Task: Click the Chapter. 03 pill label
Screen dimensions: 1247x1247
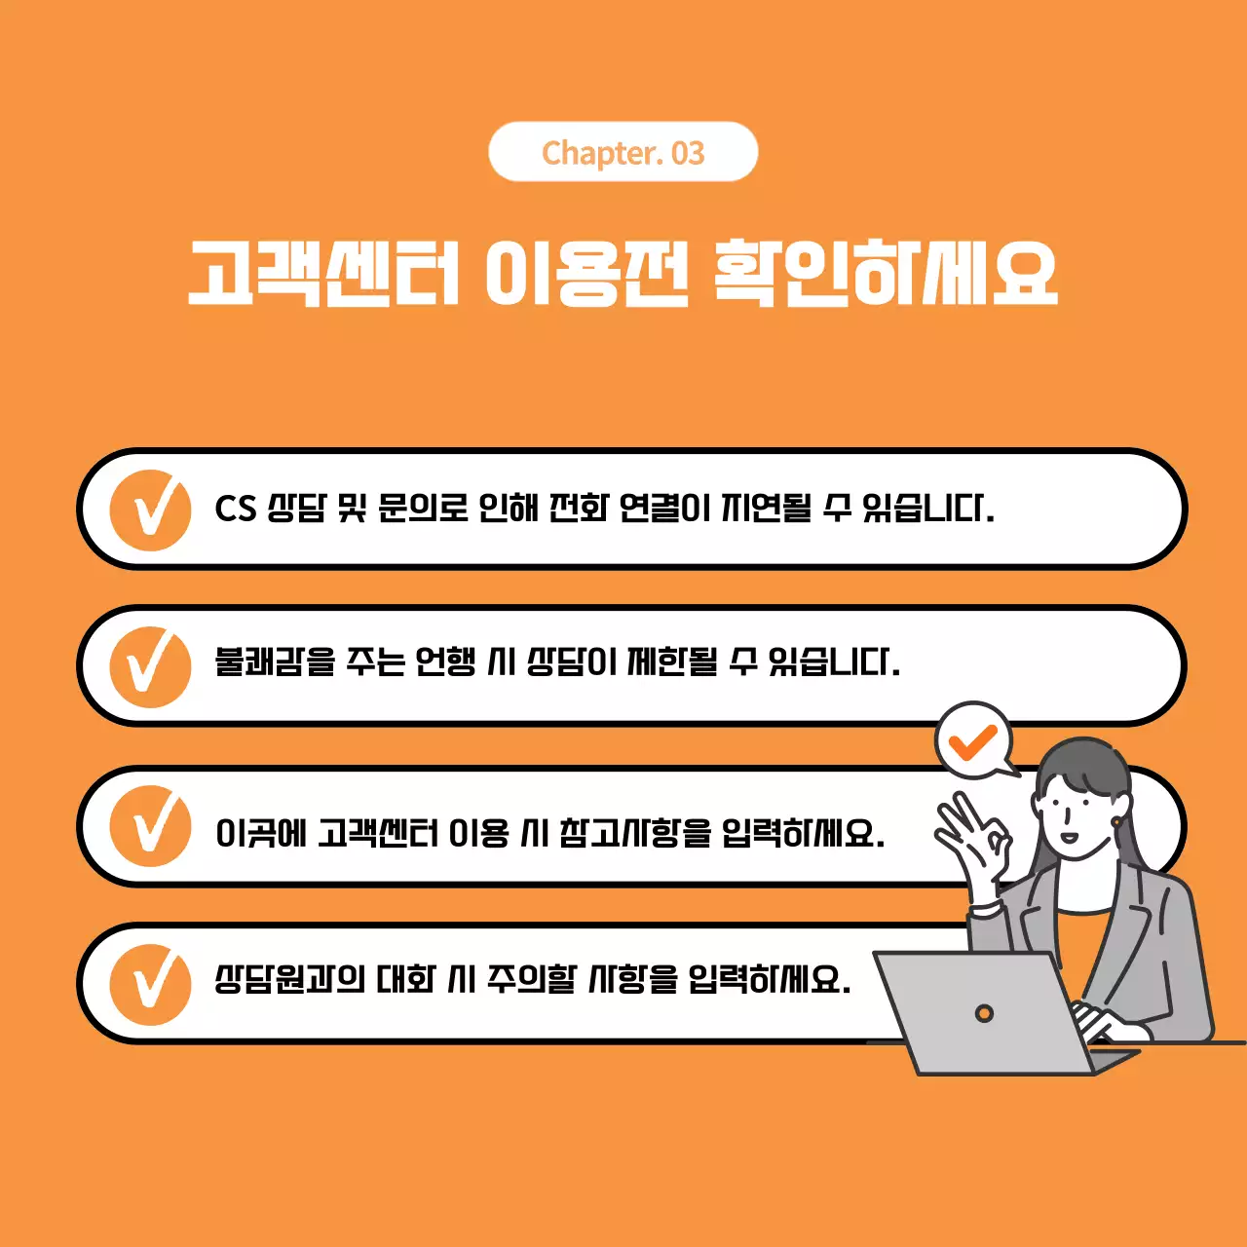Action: pyautogui.click(x=623, y=152)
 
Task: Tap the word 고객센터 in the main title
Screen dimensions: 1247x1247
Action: pyautogui.click(x=322, y=272)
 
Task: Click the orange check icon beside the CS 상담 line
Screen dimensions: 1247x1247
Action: pyautogui.click(x=150, y=510)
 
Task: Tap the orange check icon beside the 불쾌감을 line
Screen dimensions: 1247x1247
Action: pyautogui.click(x=150, y=666)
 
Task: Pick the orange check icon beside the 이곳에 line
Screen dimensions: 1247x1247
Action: pyautogui.click(x=150, y=826)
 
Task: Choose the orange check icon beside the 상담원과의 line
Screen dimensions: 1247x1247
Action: pyautogui.click(x=150, y=984)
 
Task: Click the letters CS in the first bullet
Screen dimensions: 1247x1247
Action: pyautogui.click(x=235, y=509)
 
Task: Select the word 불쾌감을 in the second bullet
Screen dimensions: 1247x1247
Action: pyautogui.click(x=275, y=662)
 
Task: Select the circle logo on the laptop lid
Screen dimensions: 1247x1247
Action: pyautogui.click(x=984, y=1013)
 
